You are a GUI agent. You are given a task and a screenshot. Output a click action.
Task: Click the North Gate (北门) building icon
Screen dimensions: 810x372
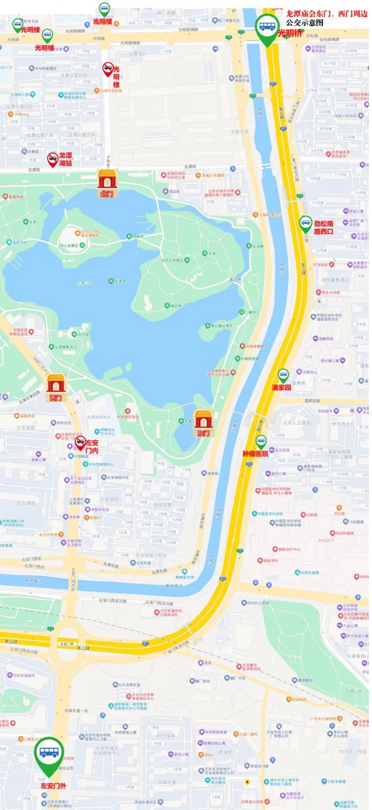coord(107,179)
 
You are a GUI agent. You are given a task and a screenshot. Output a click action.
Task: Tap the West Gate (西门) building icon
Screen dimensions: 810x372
coord(56,384)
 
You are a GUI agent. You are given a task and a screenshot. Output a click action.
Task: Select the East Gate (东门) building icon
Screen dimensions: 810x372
coord(204,419)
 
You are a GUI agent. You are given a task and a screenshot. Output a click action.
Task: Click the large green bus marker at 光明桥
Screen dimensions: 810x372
coord(267,27)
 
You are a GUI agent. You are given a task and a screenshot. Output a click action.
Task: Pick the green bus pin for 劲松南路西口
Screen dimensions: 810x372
coord(305,223)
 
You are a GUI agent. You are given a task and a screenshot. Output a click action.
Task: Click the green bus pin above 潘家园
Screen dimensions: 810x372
coord(283,375)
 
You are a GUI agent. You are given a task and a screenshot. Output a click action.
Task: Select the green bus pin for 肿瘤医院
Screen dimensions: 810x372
coord(261,441)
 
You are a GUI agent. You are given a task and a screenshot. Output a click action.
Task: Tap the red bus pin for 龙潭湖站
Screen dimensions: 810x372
coord(53,159)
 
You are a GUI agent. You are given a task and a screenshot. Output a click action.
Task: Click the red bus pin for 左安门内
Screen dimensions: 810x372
coord(80,443)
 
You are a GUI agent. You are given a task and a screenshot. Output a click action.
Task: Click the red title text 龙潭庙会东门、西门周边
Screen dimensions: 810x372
coord(326,14)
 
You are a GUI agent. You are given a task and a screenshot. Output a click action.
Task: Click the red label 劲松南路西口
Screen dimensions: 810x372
coord(323,227)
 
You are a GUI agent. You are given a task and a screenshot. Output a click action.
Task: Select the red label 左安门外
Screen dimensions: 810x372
coord(53,786)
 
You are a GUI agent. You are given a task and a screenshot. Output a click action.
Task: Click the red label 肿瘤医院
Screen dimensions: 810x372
coord(255,454)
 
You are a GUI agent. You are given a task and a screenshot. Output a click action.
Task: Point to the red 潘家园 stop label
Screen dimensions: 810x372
coord(281,388)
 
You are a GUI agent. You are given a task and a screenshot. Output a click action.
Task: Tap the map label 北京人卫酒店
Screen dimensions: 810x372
coord(296,422)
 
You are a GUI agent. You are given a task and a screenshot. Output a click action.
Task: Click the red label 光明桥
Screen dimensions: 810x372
coord(290,33)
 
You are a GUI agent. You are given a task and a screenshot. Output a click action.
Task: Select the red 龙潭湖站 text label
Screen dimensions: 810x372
coord(66,159)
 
